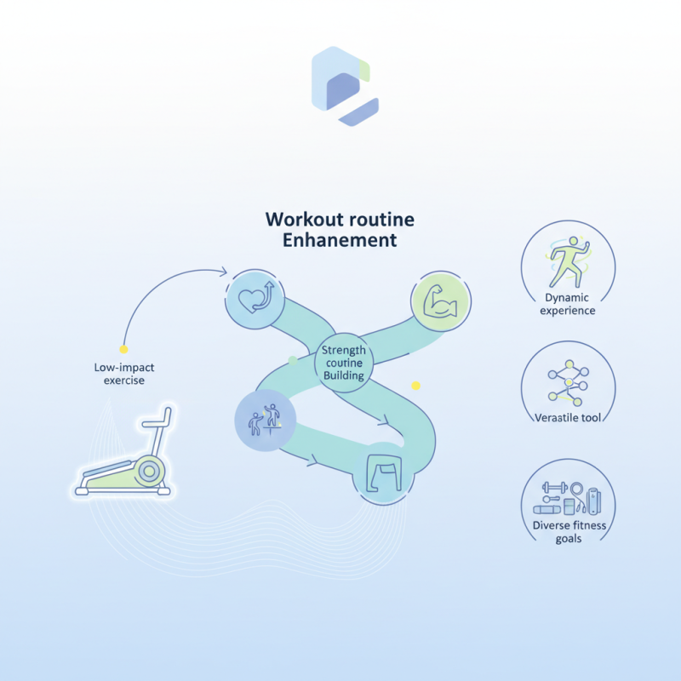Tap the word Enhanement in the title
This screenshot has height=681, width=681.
pyautogui.click(x=340, y=241)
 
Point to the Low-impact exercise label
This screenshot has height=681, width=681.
pyautogui.click(x=124, y=374)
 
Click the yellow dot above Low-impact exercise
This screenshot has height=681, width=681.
pyautogui.click(x=123, y=349)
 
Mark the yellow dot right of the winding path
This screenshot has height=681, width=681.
pyautogui.click(x=415, y=386)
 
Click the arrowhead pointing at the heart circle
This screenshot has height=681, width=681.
pyautogui.click(x=224, y=272)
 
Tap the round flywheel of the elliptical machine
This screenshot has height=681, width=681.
pyautogui.click(x=150, y=469)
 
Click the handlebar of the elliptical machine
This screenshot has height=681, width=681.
pyautogui.click(x=158, y=421)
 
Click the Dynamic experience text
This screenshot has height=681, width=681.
pyautogui.click(x=569, y=305)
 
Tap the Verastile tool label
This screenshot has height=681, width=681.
pyautogui.click(x=569, y=417)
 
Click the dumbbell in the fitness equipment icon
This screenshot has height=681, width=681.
pyautogui.click(x=555, y=488)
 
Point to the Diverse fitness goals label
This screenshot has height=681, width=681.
pyautogui.click(x=569, y=532)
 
